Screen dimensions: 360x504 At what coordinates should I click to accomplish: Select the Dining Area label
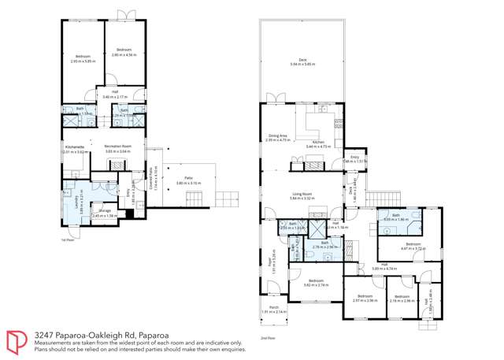pyautogui.click(x=278, y=137)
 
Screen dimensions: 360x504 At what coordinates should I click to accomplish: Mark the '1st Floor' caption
pyautogui.click(x=67, y=239)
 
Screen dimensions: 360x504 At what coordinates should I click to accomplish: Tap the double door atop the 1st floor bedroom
pyautogui.click(x=124, y=16)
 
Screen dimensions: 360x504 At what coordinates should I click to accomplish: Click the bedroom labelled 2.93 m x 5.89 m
pyautogui.click(x=83, y=58)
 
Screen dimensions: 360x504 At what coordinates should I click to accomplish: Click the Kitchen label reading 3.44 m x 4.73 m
pyautogui.click(x=317, y=144)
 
